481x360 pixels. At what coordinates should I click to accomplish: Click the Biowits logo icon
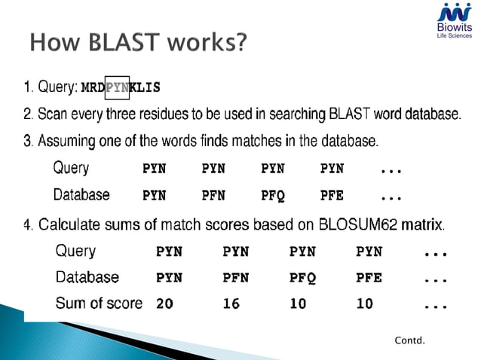tap(455, 12)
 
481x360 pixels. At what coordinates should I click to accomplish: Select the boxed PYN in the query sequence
tap(117, 87)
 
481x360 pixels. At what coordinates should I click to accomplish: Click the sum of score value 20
tap(164, 305)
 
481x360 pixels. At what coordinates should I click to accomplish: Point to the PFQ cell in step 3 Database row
tap(273, 196)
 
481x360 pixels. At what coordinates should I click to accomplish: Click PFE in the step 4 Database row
tap(369, 278)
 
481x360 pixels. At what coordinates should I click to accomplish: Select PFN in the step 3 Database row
tap(213, 196)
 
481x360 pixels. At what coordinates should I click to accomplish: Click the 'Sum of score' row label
tap(99, 304)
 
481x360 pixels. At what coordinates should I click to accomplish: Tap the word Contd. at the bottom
tap(410, 341)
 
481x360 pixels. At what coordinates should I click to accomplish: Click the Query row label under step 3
tap(71, 168)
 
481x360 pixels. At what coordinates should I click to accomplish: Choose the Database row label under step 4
tap(87, 276)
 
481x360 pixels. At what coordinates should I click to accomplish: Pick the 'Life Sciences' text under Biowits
tap(455, 36)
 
